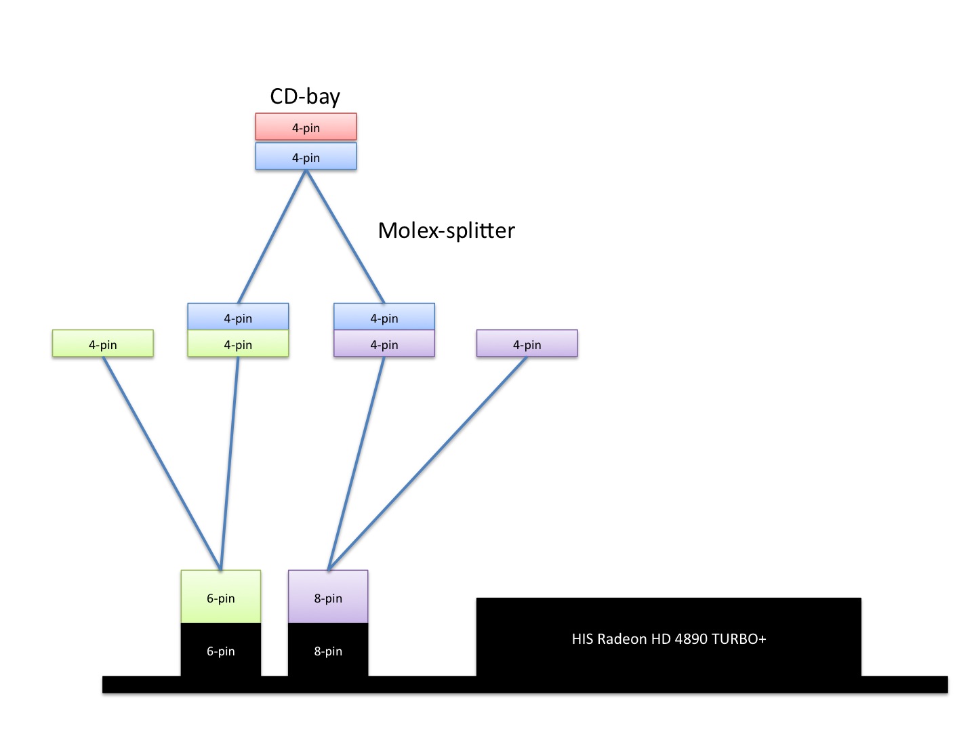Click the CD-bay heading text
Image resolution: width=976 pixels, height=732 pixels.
coord(305,96)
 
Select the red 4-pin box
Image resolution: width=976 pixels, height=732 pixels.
coord(306,127)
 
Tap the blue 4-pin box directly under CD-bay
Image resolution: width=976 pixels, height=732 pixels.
coord(306,157)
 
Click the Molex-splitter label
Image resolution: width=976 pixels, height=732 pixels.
coord(446,230)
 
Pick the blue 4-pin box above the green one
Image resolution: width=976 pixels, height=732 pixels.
coord(238,317)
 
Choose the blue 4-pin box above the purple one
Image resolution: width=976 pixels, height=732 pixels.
coord(384,317)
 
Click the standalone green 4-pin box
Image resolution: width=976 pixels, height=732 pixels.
coord(103,344)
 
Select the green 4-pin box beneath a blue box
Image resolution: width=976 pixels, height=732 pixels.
coord(238,344)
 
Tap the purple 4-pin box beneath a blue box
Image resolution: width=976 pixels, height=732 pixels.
coord(384,344)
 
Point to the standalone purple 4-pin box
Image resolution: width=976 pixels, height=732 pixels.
coord(527,344)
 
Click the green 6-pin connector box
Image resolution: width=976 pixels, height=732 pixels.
coord(221,597)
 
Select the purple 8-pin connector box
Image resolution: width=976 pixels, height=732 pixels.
coord(328,597)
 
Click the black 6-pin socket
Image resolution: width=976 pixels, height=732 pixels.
coord(221,651)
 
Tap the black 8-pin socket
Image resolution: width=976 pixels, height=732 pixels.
coord(328,651)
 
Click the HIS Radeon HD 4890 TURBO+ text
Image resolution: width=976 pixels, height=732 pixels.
coord(669,638)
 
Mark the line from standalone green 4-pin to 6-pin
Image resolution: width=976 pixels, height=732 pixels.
coord(162,463)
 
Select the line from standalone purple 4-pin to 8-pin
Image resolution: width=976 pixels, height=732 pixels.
coord(428,463)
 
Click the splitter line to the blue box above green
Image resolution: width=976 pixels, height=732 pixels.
coord(272,237)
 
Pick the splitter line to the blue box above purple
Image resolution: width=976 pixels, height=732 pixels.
coord(345,237)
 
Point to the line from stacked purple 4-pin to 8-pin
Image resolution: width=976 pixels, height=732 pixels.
coord(357,463)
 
